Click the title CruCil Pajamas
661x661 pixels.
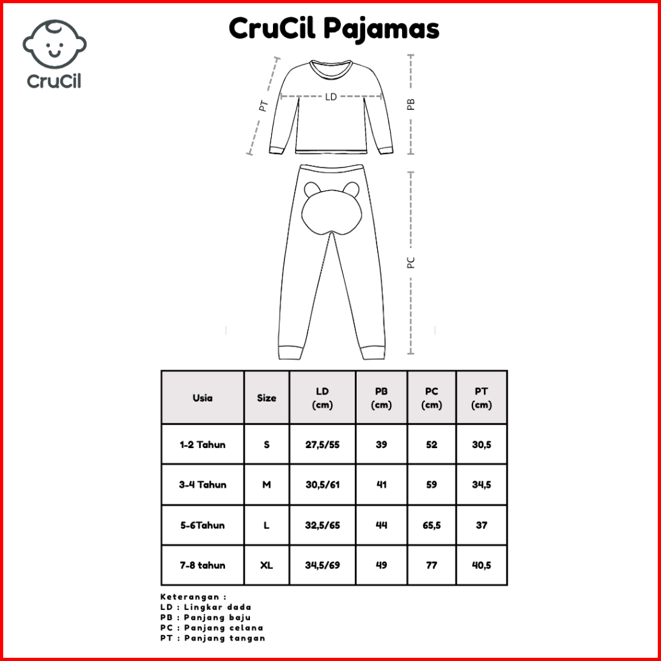coord(334,28)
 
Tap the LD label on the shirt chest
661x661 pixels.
coord(330,97)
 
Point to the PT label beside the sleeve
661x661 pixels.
coord(263,105)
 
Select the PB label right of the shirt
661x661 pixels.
coord(411,104)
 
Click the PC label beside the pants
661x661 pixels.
coord(411,262)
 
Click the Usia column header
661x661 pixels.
coord(203,398)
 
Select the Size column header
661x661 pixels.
coord(267,398)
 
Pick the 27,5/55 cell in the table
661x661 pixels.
coord(323,444)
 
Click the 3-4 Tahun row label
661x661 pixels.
coord(203,485)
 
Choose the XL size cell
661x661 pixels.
coord(267,565)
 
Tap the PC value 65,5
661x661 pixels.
coord(432,525)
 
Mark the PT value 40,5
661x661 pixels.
coord(481,565)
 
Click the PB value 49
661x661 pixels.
coord(382,565)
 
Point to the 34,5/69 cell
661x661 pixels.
coord(323,565)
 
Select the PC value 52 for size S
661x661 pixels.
coord(432,444)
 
